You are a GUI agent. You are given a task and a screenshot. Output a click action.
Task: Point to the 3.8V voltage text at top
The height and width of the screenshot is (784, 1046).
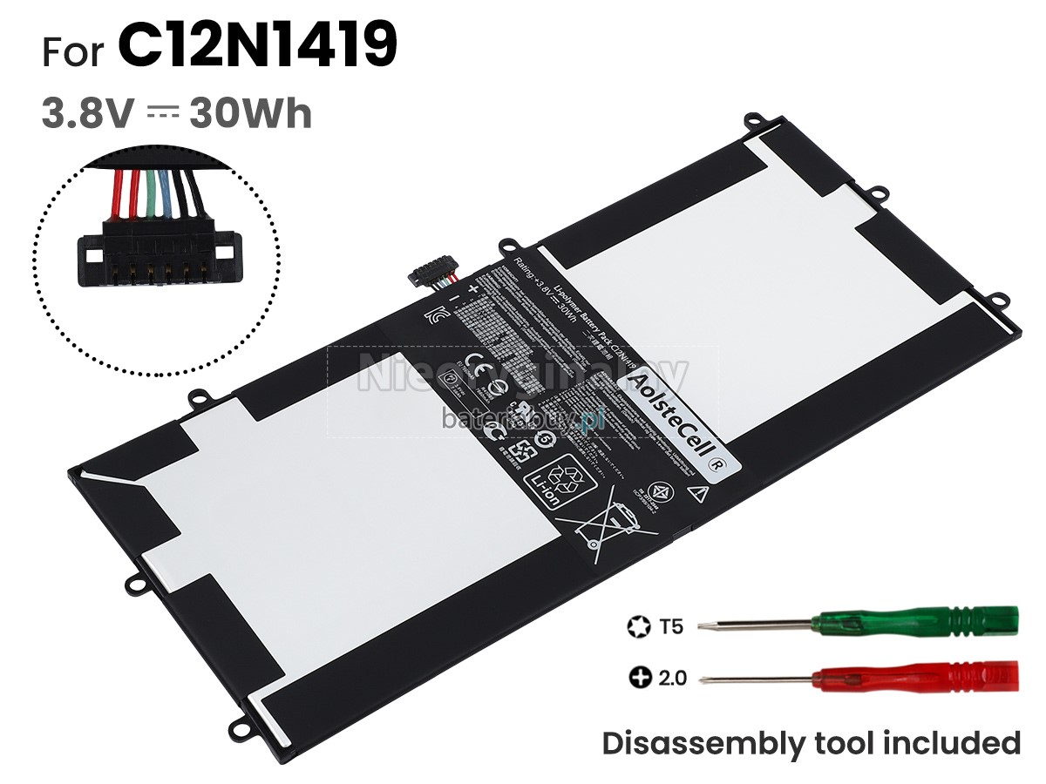[x=85, y=113]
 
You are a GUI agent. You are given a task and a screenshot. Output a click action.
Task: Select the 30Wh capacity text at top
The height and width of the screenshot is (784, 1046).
[x=251, y=113]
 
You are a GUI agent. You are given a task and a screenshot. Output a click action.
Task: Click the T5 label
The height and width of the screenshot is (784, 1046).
[x=672, y=625]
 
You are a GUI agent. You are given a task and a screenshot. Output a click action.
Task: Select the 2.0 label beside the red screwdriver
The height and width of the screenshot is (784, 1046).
[x=673, y=677]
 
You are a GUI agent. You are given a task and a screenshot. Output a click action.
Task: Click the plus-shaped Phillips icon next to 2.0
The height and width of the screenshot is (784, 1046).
[x=636, y=677]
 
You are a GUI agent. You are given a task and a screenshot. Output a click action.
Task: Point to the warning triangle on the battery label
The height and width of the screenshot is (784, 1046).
[x=696, y=492]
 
